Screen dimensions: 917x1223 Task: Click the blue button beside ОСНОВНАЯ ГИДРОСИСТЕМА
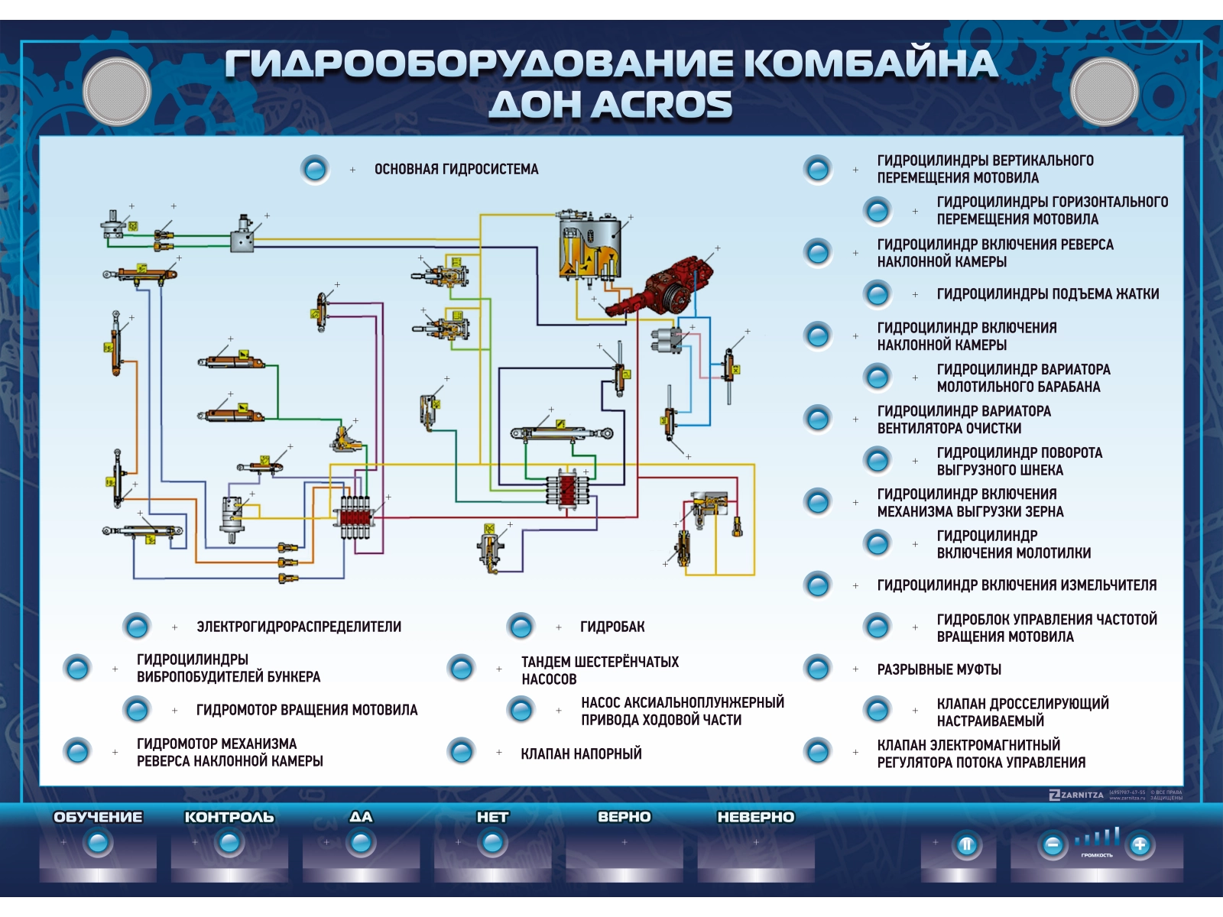[315, 169]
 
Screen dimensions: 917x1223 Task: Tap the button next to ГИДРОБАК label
[521, 627]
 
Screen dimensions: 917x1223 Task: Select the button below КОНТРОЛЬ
[229, 843]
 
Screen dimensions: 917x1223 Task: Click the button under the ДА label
[361, 843]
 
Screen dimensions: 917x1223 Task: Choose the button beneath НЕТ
[492, 843]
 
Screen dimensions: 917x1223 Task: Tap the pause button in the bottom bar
[966, 844]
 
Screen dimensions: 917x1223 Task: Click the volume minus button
[1053, 844]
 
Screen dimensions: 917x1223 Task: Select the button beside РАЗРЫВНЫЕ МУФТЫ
[817, 669]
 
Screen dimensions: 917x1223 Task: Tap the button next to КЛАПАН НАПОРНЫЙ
[461, 752]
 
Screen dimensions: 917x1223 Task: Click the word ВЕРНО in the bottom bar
[624, 817]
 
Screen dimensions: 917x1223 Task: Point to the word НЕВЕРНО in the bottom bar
[755, 817]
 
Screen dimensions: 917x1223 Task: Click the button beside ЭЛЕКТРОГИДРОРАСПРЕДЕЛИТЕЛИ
[137, 627]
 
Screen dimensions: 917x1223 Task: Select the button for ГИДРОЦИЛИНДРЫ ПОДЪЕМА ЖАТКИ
[877, 293]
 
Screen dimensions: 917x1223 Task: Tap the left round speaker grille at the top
[116, 91]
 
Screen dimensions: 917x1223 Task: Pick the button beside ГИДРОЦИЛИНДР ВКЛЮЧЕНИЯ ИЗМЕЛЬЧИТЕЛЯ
[817, 585]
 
